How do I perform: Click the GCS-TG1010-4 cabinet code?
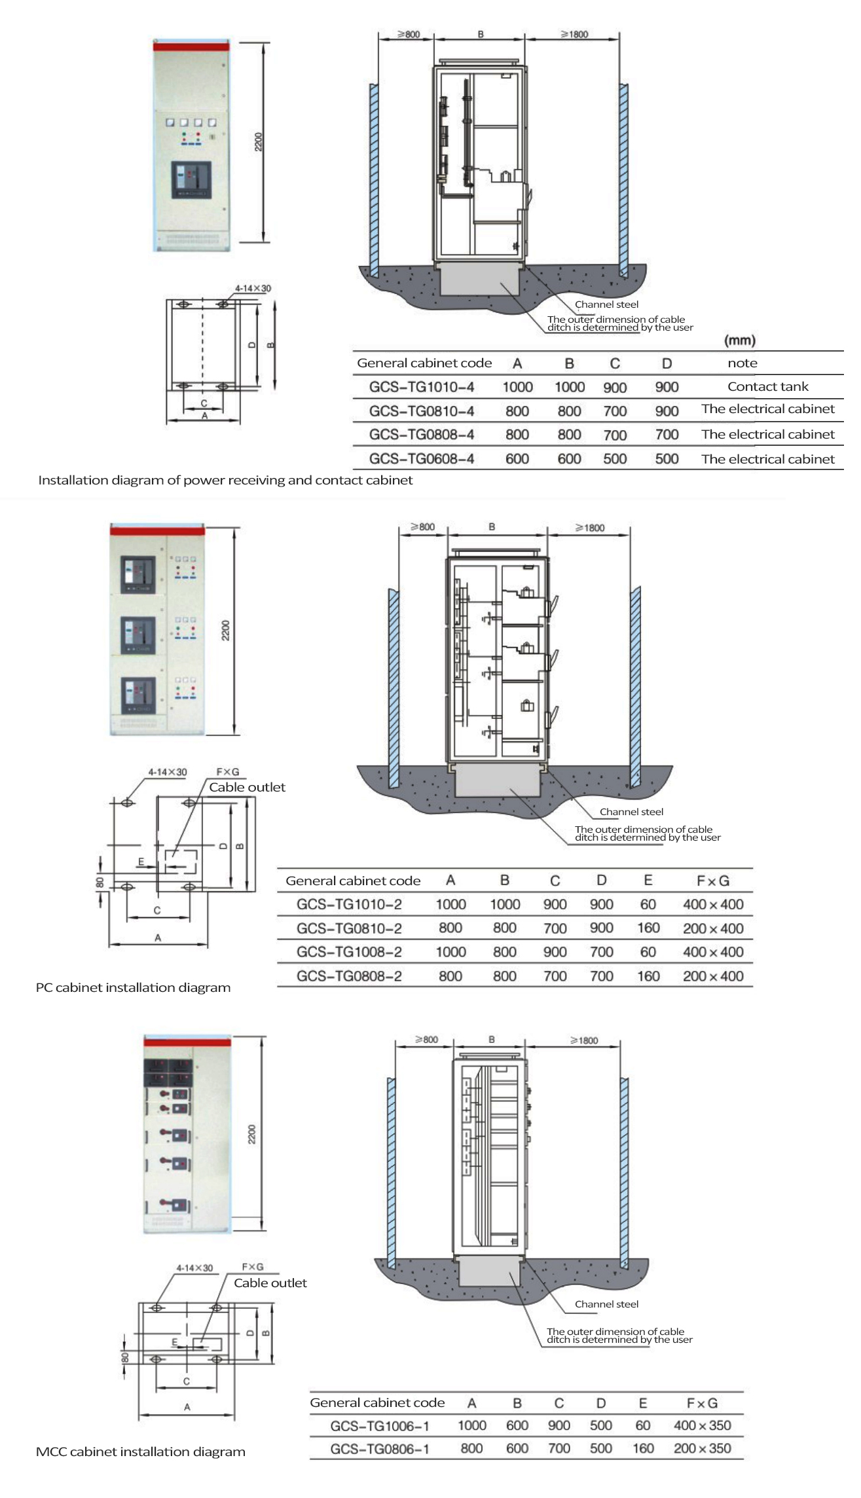click(x=421, y=387)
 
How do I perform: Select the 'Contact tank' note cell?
click(x=767, y=386)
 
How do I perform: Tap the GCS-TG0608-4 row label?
click(x=421, y=459)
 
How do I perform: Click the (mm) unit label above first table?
click(x=739, y=340)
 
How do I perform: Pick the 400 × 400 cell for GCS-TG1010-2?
click(x=712, y=904)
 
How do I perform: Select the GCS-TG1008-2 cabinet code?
click(x=349, y=952)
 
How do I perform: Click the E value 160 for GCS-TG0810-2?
click(x=648, y=928)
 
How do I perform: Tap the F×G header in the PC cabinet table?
click(x=712, y=881)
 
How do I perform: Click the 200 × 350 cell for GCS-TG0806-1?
click(x=702, y=1448)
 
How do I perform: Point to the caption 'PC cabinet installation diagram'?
click(x=133, y=987)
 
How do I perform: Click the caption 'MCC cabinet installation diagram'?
click(x=140, y=1452)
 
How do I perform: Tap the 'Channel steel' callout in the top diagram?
click(x=606, y=304)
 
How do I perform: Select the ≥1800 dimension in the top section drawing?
click(x=574, y=34)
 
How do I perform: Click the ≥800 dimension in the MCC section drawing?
click(x=426, y=1040)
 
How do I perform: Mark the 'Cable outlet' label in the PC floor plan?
click(x=247, y=787)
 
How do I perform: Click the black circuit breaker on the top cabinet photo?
click(x=191, y=180)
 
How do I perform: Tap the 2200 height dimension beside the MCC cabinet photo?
click(x=252, y=1135)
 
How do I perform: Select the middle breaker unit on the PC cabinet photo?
click(x=139, y=635)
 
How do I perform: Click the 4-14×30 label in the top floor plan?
click(x=253, y=288)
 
